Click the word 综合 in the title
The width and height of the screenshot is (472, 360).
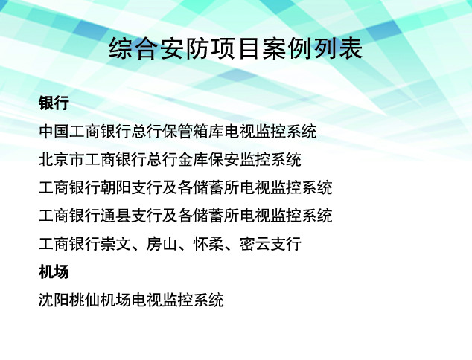(x=134, y=48)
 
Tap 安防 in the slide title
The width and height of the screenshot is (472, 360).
(x=185, y=48)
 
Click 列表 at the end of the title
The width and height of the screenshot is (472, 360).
(x=338, y=48)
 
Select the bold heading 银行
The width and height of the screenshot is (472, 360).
(x=54, y=103)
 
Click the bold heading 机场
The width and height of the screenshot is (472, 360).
(x=54, y=271)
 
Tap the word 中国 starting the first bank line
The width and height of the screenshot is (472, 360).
(x=54, y=131)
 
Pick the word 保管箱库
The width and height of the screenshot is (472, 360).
(x=193, y=131)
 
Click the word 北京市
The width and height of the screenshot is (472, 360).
(x=62, y=159)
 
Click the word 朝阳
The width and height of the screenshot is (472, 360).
(x=115, y=187)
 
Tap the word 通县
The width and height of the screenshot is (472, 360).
(x=115, y=216)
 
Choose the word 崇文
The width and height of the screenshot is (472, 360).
(x=115, y=244)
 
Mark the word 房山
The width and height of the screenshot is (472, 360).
(x=162, y=244)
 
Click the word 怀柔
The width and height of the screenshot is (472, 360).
(x=208, y=244)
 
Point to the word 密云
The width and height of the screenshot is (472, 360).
(x=255, y=244)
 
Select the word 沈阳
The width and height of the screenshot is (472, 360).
(x=54, y=300)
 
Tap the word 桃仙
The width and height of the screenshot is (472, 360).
(x=85, y=300)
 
